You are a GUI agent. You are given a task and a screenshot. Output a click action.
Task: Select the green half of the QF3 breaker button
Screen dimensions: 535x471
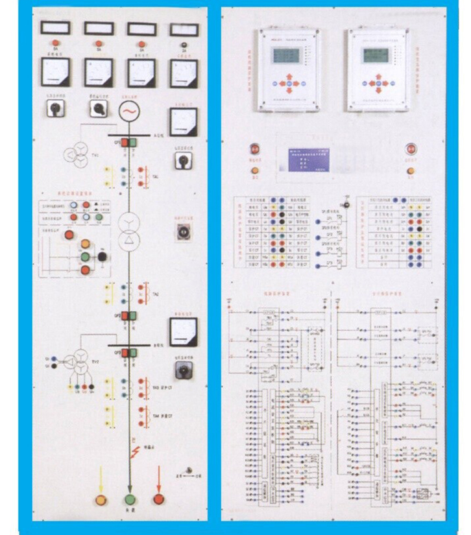(134, 352)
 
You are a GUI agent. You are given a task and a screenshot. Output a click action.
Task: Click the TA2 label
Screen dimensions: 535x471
(155, 294)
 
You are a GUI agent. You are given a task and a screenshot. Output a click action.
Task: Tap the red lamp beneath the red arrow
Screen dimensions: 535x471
(158, 499)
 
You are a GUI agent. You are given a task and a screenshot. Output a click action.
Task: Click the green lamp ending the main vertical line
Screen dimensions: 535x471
(130, 500)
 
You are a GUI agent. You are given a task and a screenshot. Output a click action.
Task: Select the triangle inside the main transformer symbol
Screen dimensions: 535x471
(129, 241)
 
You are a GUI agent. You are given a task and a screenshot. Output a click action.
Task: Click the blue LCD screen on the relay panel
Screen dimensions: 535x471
(301, 158)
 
